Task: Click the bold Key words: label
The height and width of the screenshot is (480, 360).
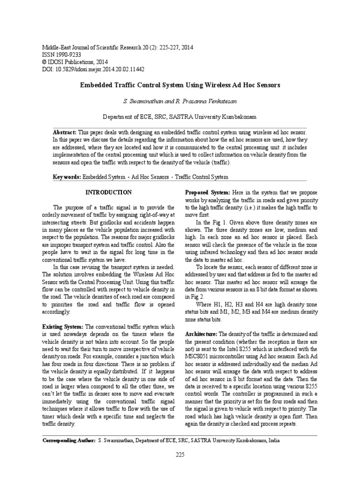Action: coord(67,177)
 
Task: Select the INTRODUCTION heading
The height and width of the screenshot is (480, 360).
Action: coord(108,193)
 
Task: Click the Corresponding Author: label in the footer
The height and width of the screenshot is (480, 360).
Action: coord(69,441)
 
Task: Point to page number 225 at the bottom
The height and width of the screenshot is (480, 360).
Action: coord(180,455)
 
